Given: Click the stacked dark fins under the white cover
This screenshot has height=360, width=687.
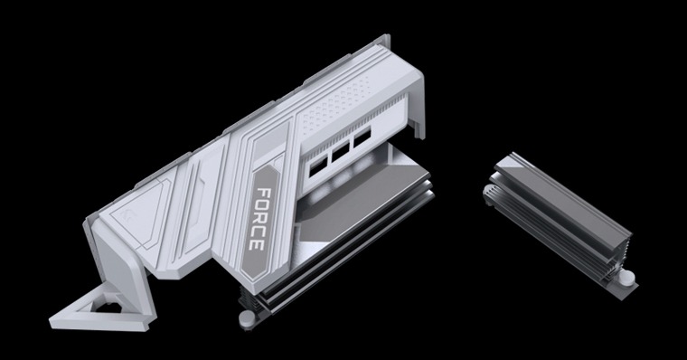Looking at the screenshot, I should [x=298, y=289].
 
